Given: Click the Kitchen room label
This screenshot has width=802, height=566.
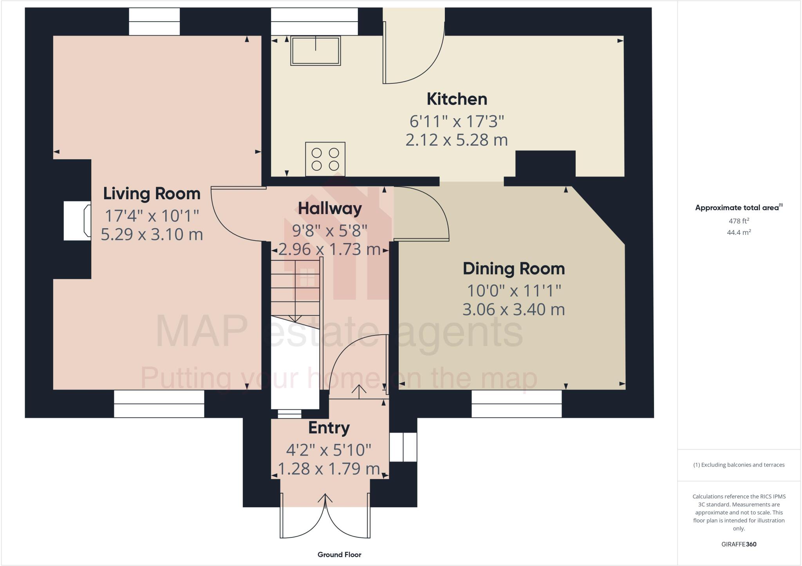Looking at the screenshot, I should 457,99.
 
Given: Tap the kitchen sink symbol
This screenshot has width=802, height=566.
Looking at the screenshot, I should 315,50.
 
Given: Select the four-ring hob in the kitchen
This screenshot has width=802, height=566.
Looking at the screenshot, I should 325,159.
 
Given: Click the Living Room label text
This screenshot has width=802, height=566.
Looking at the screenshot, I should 152,194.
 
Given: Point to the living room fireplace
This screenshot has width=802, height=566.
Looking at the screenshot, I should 78,221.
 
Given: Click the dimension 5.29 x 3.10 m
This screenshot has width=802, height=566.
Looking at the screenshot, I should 152,235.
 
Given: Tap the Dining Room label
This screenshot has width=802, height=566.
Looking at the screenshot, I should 513,269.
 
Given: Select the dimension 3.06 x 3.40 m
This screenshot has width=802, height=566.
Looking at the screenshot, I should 513,310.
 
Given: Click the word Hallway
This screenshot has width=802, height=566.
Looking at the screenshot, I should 330,208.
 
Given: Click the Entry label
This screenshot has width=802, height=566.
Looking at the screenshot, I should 329,428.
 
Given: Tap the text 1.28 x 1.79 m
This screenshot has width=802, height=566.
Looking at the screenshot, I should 329,469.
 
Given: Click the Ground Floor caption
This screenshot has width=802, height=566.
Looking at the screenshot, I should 339,554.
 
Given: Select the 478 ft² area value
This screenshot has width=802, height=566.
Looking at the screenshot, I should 739,221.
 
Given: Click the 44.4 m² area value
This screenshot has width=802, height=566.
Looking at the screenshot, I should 739,232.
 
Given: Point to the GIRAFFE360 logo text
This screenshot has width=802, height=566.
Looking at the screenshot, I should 739,544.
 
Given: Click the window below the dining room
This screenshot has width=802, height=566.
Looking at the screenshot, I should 516,404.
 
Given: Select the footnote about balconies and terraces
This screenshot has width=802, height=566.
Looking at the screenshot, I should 739,465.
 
